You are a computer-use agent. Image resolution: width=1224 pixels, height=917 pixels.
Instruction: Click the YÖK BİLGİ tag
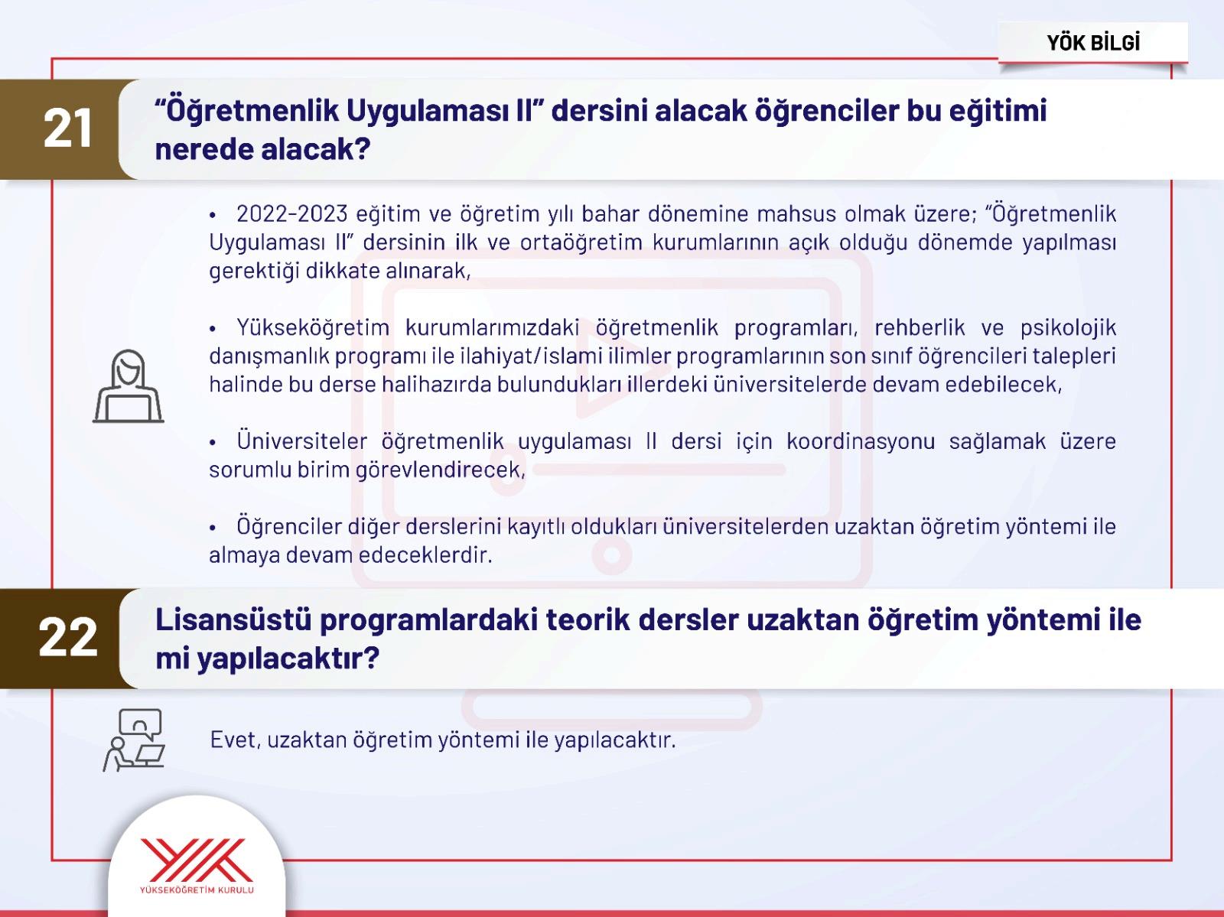pos(1093,43)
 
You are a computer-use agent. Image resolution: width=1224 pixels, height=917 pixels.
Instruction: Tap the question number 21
pos(68,128)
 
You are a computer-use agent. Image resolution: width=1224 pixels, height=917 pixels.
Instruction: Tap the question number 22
pos(68,637)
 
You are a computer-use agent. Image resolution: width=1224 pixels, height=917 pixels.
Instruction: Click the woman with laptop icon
pos(129,385)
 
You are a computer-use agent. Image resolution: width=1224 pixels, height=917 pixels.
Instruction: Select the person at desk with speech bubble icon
pos(134,740)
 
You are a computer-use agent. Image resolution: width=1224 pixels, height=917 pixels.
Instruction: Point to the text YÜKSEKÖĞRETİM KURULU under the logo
pos(197,889)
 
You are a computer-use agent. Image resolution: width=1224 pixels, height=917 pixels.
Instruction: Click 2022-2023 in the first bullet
pos(291,213)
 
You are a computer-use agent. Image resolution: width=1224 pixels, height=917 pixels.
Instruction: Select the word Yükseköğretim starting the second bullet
pos(313,328)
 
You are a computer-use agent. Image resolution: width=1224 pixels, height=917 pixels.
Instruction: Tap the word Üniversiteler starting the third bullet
pos(301,441)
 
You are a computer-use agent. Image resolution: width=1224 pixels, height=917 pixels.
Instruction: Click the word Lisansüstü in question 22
pos(233,620)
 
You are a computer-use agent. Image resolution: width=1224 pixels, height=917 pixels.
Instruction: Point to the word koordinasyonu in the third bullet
pos(861,441)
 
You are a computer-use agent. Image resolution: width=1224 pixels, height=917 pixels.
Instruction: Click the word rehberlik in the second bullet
pos(920,328)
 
